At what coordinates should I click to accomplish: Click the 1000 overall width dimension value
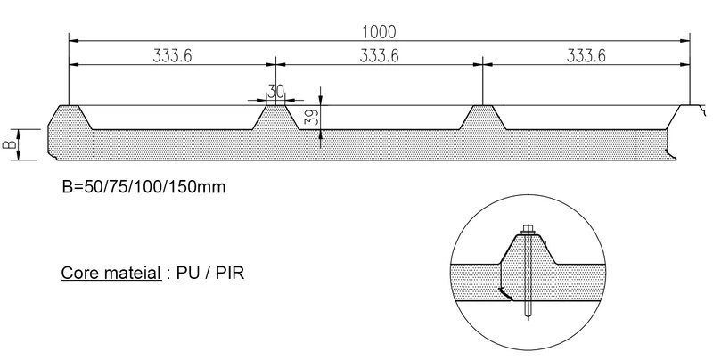tap(379, 30)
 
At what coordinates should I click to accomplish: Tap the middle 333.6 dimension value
tap(380, 55)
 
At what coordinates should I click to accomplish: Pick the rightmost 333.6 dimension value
tap(586, 55)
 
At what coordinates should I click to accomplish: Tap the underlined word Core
tap(78, 269)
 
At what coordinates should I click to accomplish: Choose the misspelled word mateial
tap(131, 269)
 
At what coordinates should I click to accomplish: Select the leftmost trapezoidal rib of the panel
tap(70, 116)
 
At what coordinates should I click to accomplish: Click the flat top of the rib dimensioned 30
tap(276, 107)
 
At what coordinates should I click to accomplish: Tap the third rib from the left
tap(481, 116)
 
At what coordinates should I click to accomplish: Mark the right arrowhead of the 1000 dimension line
tap(687, 41)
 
